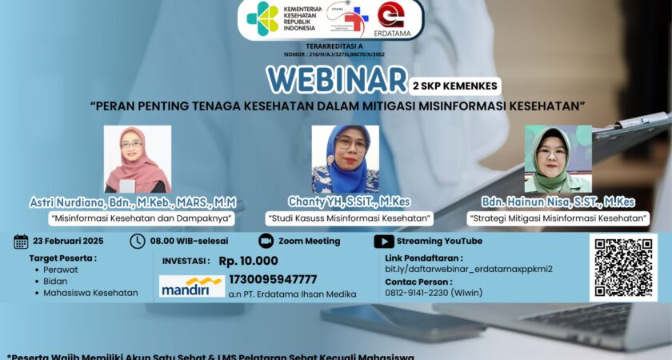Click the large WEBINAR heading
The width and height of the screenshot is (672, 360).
pos(337,80)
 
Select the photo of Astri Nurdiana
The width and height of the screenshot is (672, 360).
pos(138,159)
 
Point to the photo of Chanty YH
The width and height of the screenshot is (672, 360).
pos(346,158)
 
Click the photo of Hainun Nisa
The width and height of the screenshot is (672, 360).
pos(558,158)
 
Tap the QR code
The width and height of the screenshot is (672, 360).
pos(623,267)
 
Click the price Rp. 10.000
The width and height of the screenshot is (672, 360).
pos(248,260)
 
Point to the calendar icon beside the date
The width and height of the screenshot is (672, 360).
pos(22,241)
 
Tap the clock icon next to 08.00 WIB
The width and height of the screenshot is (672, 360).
pos(138,241)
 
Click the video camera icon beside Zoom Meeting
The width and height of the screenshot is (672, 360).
pos(266,241)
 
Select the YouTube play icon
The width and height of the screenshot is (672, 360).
pos(383,241)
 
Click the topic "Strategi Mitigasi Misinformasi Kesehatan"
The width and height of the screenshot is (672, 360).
pos(558,218)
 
